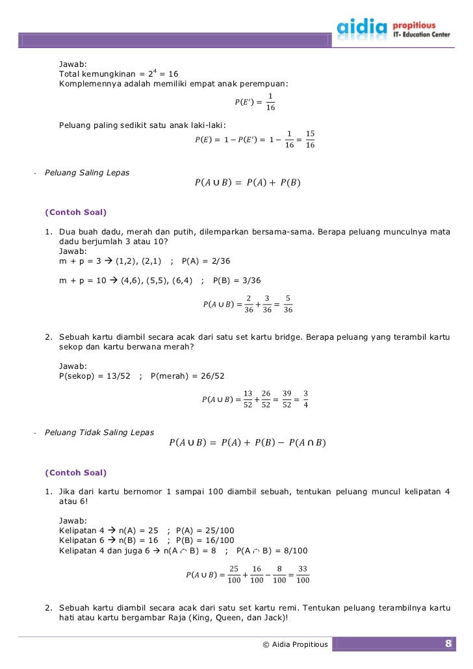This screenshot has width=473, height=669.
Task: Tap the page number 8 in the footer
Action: pos(448,644)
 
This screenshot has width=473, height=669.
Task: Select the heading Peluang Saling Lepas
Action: pos(86,173)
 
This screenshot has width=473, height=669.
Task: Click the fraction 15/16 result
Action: pos(310,139)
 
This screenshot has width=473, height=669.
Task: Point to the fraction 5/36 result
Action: pos(288,304)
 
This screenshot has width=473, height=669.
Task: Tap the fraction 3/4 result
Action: pos(305,399)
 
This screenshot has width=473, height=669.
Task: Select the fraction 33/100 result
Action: pos(302,574)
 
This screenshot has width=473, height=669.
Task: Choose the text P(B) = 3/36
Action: pos(236,281)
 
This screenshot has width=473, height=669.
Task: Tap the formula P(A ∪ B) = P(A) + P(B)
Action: pos(248,183)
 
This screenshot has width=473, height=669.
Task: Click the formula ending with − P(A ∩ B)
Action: pos(247,443)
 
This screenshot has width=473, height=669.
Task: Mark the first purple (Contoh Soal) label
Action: pos(76,212)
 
